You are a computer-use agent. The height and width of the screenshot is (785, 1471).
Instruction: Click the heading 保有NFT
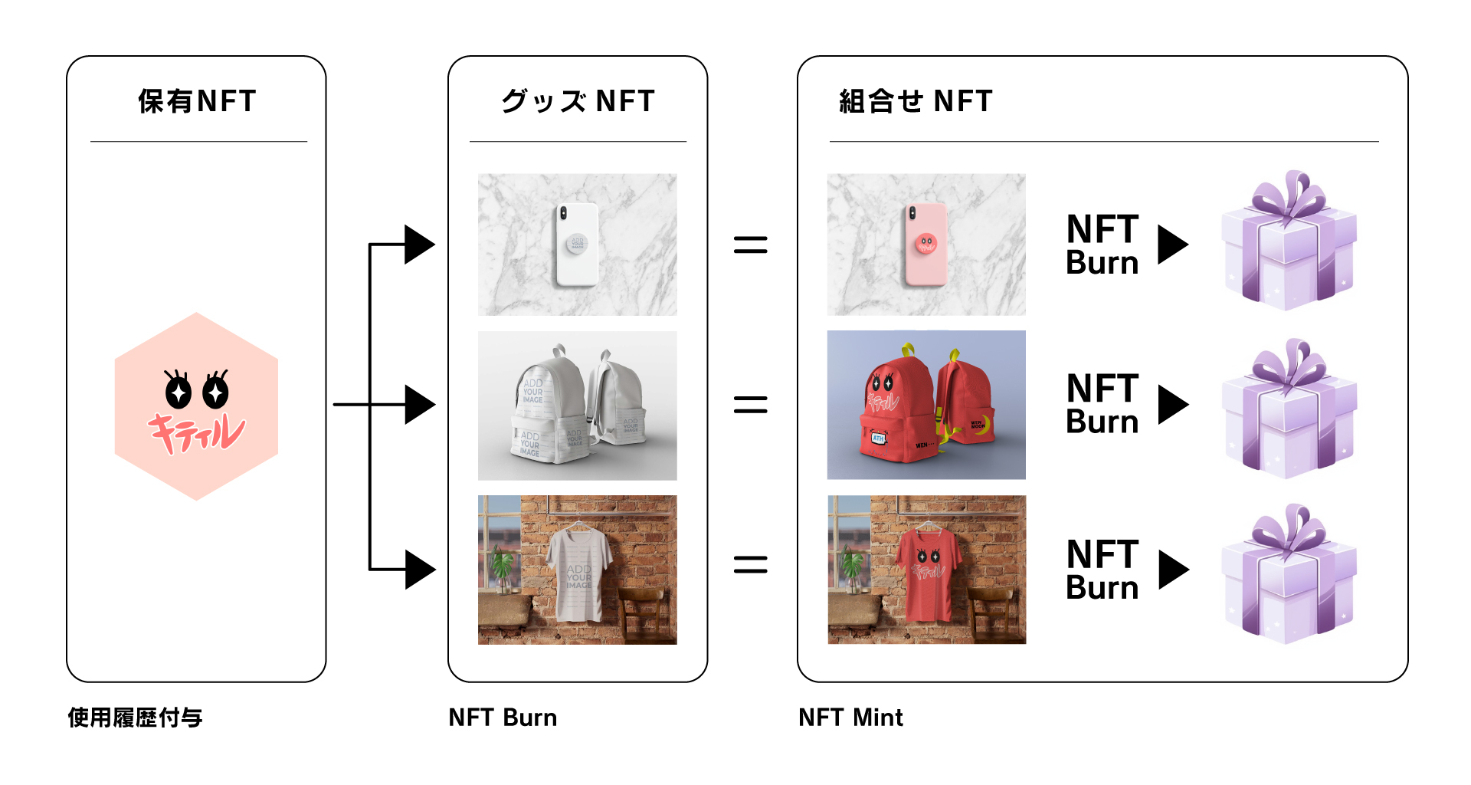click(197, 101)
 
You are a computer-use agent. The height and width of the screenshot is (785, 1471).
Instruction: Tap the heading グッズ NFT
click(578, 101)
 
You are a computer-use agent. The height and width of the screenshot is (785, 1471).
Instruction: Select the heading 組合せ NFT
click(916, 101)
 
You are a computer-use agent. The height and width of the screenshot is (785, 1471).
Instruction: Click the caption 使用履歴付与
click(135, 718)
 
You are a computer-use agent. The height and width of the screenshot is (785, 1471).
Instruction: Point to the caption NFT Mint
click(850, 718)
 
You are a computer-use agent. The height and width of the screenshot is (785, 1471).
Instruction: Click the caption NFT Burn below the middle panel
click(503, 718)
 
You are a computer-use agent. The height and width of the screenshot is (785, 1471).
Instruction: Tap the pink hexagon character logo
click(196, 406)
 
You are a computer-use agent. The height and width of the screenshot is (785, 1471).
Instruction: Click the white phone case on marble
click(577, 245)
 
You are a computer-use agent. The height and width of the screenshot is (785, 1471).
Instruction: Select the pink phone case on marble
click(926, 245)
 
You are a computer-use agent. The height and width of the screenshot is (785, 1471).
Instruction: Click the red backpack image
click(926, 405)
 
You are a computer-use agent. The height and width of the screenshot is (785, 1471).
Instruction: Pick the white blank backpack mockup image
click(577, 406)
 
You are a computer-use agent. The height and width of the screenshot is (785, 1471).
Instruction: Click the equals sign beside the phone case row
click(750, 245)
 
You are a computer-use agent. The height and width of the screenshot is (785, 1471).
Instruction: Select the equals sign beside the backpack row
click(750, 405)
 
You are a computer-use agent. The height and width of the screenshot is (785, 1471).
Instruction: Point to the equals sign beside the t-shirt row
click(750, 565)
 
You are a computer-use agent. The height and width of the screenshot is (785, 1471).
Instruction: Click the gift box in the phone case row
click(1289, 241)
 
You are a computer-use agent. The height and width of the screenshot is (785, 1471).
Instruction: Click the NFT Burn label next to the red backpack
click(1102, 404)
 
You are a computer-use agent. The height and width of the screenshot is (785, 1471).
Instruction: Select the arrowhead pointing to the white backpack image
click(419, 405)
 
